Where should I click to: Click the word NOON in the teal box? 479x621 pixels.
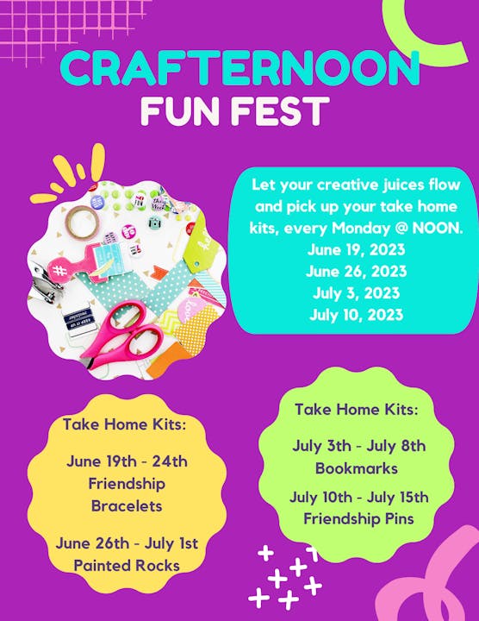point(435,229)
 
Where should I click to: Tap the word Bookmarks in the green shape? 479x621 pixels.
point(358,468)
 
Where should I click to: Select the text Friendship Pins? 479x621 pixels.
point(358,518)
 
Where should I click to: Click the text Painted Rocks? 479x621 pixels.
point(128,566)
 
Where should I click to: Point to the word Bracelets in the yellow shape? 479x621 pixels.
point(128,505)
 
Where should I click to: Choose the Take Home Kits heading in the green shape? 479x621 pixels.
point(356,410)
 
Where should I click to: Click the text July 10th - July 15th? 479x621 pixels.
point(358,497)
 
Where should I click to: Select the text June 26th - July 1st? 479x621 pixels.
point(128,543)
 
